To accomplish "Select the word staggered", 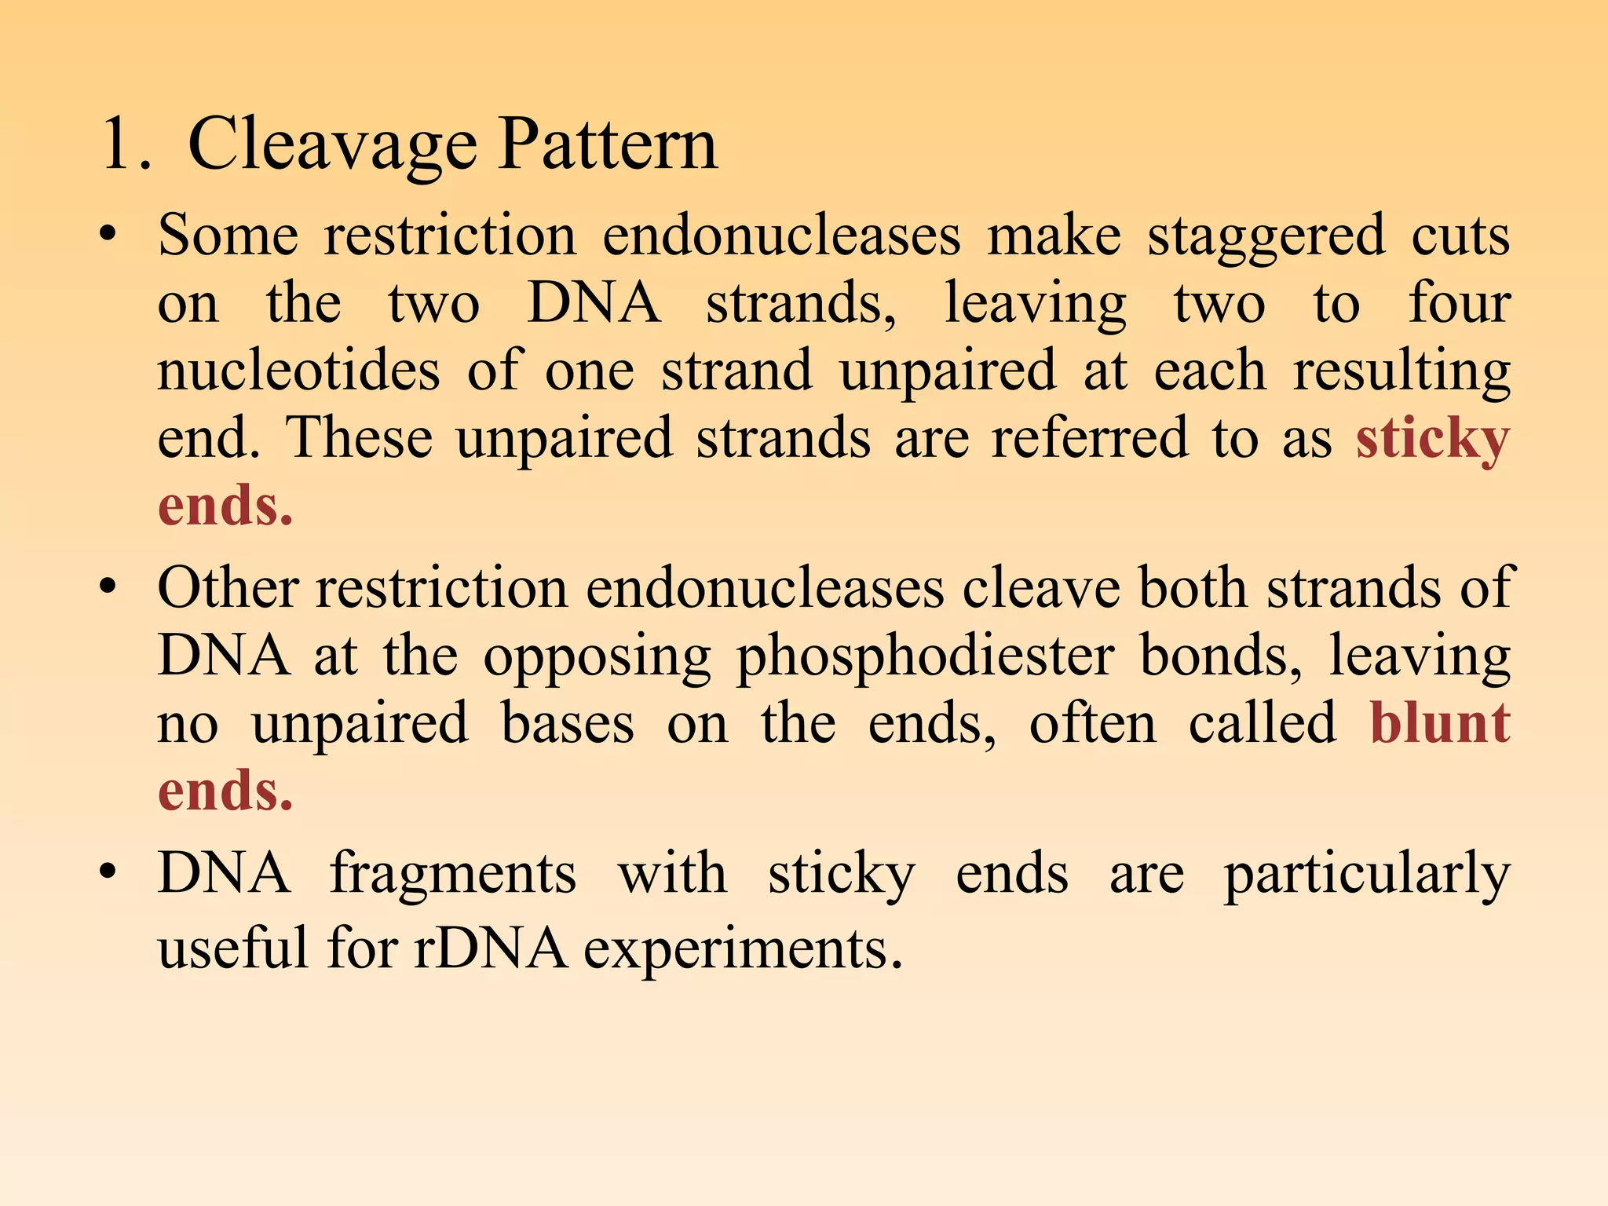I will [x=1266, y=238].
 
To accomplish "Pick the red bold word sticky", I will [x=1433, y=440].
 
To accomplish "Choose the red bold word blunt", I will [x=1440, y=723].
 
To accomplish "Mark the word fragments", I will [x=453, y=874].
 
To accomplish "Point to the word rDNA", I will [x=491, y=948].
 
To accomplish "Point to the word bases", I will [x=567, y=723].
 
